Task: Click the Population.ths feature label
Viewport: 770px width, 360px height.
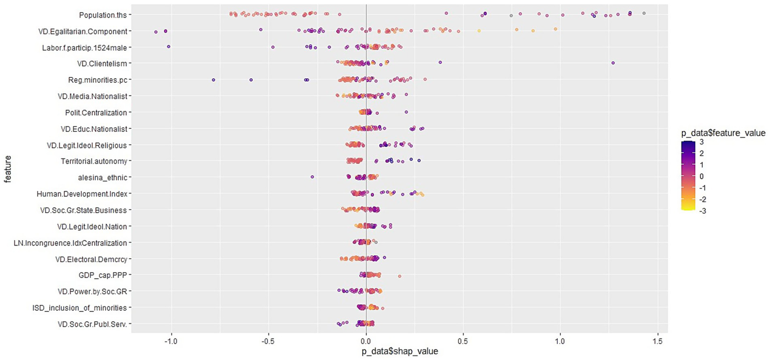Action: [103, 15]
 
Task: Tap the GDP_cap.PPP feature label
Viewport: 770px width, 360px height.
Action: [102, 275]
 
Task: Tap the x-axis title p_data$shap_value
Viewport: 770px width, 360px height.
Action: [400, 351]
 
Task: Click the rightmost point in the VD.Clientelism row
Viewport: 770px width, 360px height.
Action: [613, 63]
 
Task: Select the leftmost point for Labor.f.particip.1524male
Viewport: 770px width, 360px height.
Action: [169, 47]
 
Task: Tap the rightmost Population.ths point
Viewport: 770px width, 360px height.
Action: [644, 13]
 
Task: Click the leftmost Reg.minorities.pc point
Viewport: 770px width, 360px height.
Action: [213, 80]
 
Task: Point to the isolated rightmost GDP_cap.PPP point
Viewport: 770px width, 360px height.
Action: [399, 276]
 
